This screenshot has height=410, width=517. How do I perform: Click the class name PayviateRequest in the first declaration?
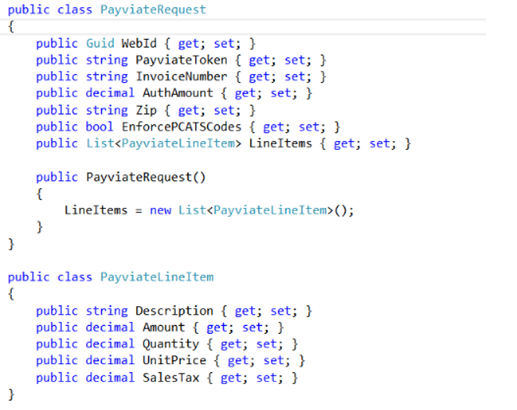pyautogui.click(x=153, y=10)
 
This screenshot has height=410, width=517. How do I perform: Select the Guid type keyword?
pyautogui.click(x=100, y=43)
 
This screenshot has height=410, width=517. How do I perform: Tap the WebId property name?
pyautogui.click(x=139, y=43)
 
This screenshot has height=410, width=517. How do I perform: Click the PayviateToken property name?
pyautogui.click(x=182, y=60)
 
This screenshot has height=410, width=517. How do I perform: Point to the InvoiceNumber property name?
pyautogui.click(x=182, y=77)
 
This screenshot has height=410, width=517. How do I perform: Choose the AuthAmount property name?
pyautogui.click(x=178, y=93)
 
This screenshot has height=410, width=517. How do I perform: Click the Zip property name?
pyautogui.click(x=146, y=110)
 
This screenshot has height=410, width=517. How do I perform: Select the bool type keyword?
pyautogui.click(x=99, y=127)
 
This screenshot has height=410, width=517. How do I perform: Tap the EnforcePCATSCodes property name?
pyautogui.click(x=182, y=127)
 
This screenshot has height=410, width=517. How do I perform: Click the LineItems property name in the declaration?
pyautogui.click(x=280, y=144)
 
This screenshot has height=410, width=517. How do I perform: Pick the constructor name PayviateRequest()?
pyautogui.click(x=146, y=177)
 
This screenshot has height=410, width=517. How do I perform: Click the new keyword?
pyautogui.click(x=161, y=210)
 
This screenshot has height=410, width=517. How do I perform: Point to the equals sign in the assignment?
pyautogui.click(x=139, y=211)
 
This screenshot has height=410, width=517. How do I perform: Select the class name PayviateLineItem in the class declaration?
pyautogui.click(x=157, y=277)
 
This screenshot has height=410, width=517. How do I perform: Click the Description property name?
pyautogui.click(x=175, y=311)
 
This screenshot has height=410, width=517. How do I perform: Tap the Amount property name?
pyautogui.click(x=163, y=328)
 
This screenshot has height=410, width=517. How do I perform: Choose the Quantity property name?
pyautogui.click(x=171, y=344)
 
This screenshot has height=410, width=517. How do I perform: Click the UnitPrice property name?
pyautogui.click(x=175, y=361)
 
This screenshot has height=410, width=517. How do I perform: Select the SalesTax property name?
pyautogui.click(x=171, y=378)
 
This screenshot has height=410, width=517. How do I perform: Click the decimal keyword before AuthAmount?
pyautogui.click(x=110, y=93)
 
